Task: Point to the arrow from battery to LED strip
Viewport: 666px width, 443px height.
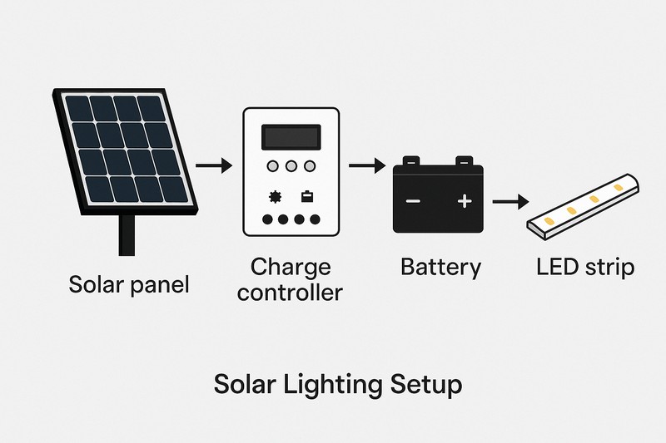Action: tap(510, 201)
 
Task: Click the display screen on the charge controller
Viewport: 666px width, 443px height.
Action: tap(291, 136)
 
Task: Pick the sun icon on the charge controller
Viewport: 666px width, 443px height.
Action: tap(274, 198)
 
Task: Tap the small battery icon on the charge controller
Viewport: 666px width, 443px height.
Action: tap(307, 198)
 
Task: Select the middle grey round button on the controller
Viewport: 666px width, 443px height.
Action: tap(291, 167)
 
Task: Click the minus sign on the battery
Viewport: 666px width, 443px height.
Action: tap(414, 201)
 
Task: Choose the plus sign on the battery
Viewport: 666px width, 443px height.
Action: tap(465, 201)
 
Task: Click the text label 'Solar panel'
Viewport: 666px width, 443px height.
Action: tap(128, 285)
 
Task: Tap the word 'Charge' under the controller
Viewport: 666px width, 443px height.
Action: tap(291, 268)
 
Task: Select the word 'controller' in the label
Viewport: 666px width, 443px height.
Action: tap(291, 293)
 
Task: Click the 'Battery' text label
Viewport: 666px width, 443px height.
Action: tap(440, 268)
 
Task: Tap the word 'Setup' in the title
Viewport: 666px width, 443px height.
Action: tap(425, 386)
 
